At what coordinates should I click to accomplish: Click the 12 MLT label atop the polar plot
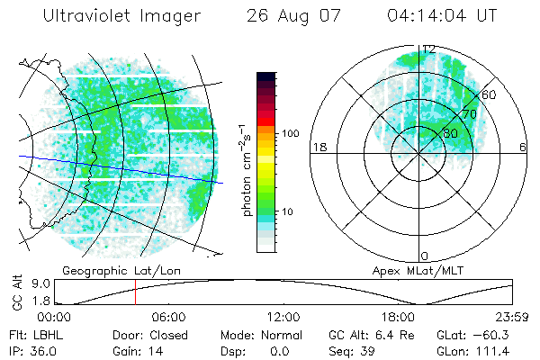(x=429, y=49)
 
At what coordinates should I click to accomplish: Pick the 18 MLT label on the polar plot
(x=317, y=147)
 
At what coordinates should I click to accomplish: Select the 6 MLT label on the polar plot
(x=523, y=147)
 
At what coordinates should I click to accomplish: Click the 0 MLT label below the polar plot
(x=425, y=256)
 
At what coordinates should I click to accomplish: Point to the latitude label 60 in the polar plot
(x=489, y=94)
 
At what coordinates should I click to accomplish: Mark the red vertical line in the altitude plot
(x=135, y=292)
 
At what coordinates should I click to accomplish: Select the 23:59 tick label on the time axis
(x=512, y=317)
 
